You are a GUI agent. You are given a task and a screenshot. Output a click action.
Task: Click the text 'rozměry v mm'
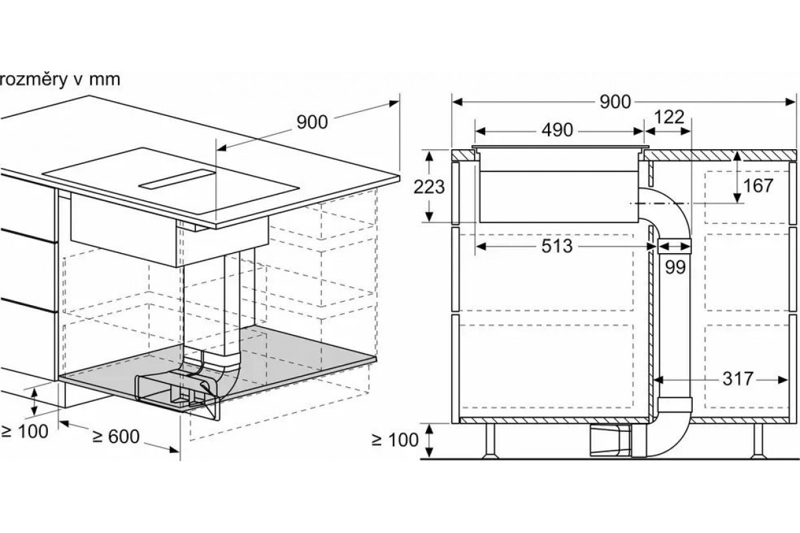pos(59,80)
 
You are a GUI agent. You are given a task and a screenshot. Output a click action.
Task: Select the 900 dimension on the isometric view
pos(312,122)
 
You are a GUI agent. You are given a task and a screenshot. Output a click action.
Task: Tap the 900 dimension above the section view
pos(615,102)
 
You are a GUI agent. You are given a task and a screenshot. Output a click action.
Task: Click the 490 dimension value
pos(557,131)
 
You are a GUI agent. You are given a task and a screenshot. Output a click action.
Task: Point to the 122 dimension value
pos(669,117)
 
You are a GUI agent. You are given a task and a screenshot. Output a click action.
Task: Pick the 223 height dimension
pos(429,187)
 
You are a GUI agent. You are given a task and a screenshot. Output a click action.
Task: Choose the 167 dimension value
pos(758,186)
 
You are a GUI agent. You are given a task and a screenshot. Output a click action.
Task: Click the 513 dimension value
pos(557,246)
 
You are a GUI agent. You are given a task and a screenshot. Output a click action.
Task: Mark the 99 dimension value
pos(675,267)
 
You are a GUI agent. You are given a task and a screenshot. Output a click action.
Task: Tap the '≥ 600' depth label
pos(116,436)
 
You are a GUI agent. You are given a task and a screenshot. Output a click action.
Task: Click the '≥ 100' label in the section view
pos(395,440)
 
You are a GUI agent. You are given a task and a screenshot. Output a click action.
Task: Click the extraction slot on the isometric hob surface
pos(177,179)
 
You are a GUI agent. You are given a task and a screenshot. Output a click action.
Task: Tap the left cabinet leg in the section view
pos(490,441)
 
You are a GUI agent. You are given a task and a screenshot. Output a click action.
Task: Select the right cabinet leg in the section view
pos(758,441)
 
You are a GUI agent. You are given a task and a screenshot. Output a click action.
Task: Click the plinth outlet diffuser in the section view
pos(611,440)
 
